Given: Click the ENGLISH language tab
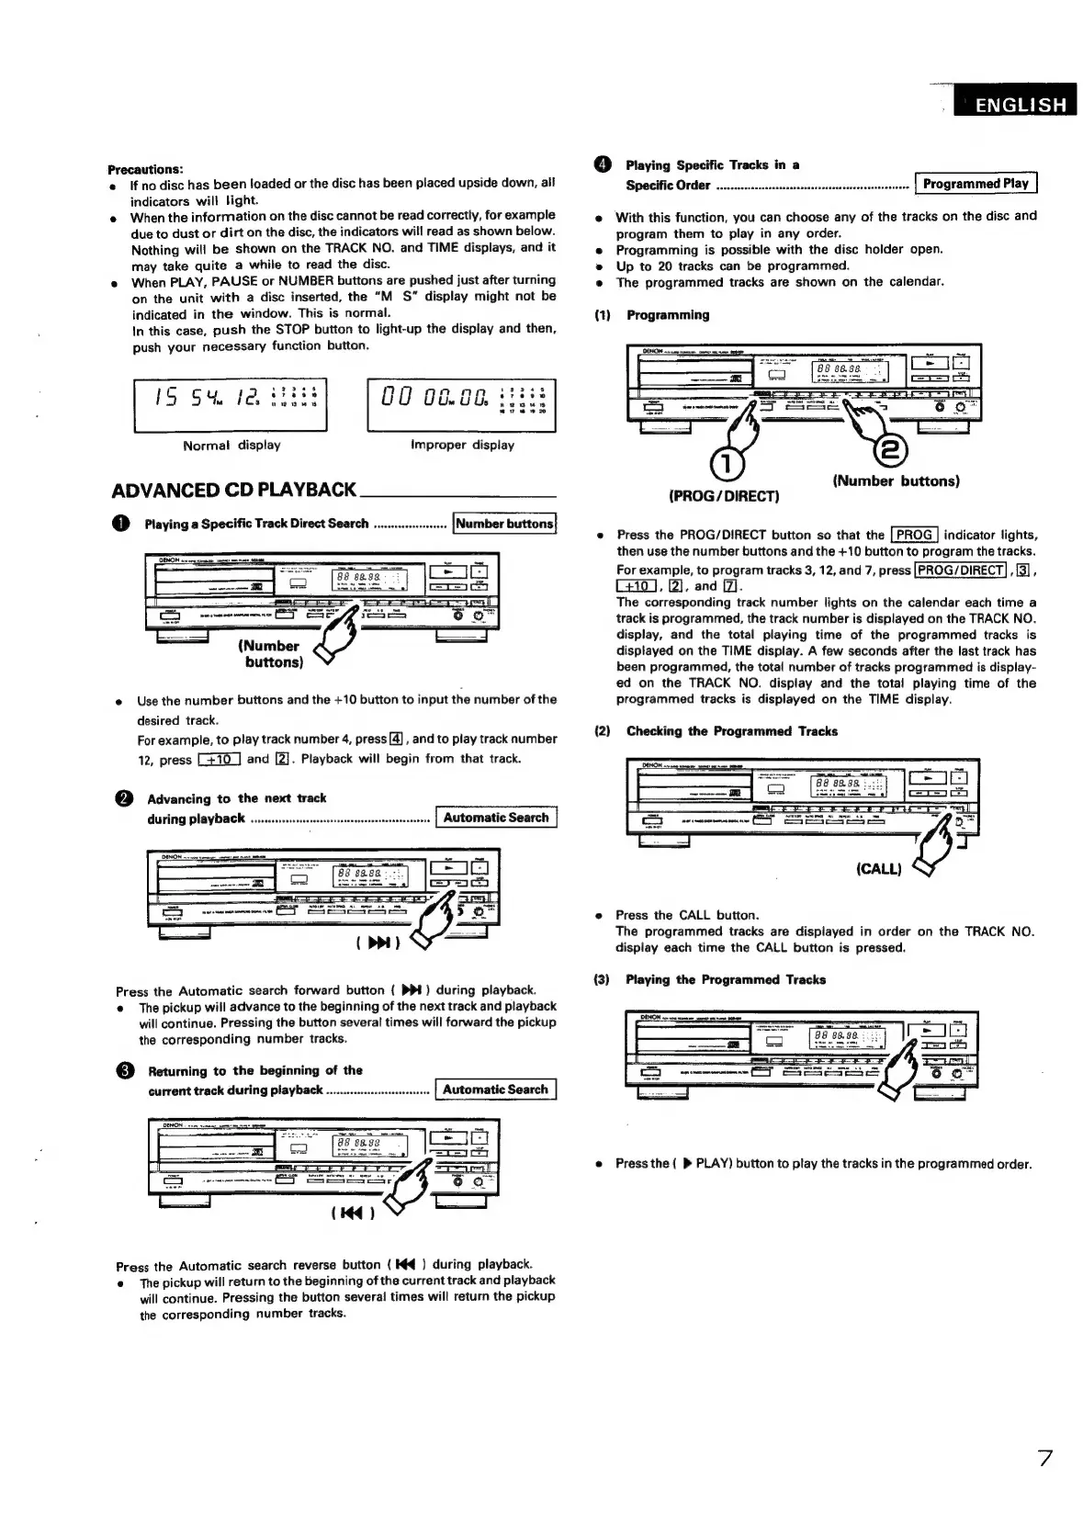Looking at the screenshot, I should click(x=1013, y=104).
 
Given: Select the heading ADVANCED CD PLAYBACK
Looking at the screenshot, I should click(x=233, y=490).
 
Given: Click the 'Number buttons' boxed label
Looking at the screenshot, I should click(x=504, y=524).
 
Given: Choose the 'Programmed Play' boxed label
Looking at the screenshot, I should click(x=976, y=184).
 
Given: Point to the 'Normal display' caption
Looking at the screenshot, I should click(x=231, y=446).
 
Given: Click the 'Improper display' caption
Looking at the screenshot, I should click(x=462, y=446).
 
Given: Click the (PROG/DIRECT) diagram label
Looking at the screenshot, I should click(x=724, y=496).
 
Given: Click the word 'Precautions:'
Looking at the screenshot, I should click(x=146, y=169).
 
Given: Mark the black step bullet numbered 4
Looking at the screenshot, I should click(x=603, y=165).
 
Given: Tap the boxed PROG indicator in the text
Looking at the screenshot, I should click(x=914, y=535).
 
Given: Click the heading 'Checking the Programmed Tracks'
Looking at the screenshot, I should click(x=731, y=731).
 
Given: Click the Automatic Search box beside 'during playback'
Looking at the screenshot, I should click(x=495, y=818).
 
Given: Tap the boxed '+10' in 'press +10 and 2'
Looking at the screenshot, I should click(x=219, y=760).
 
